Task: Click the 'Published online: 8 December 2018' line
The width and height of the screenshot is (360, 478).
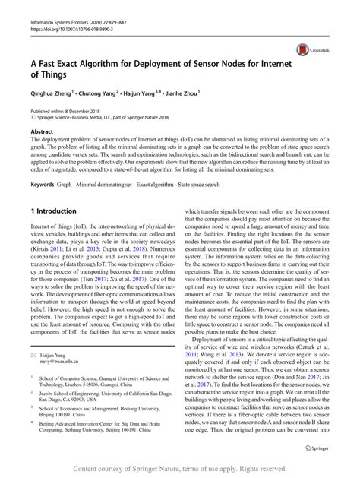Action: click(73, 109)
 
